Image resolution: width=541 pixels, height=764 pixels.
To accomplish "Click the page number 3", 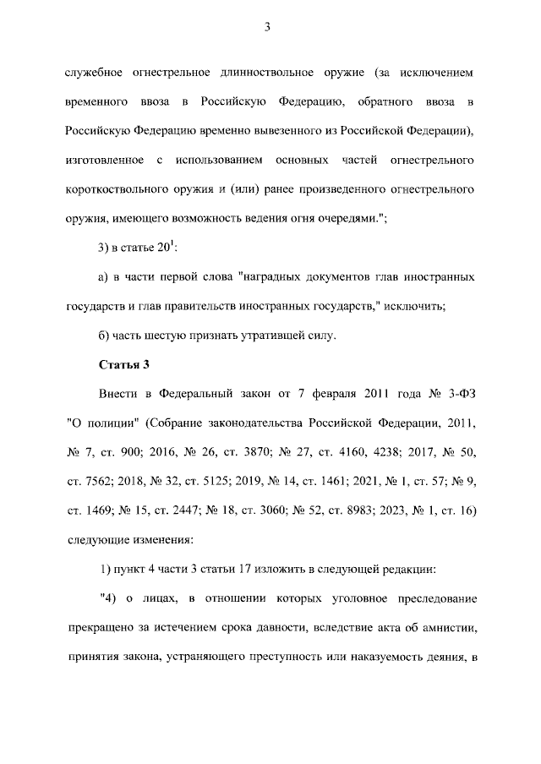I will [266, 27].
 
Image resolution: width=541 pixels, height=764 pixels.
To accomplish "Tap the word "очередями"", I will [342, 217].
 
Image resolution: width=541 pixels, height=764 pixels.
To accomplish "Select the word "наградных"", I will [275, 276].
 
